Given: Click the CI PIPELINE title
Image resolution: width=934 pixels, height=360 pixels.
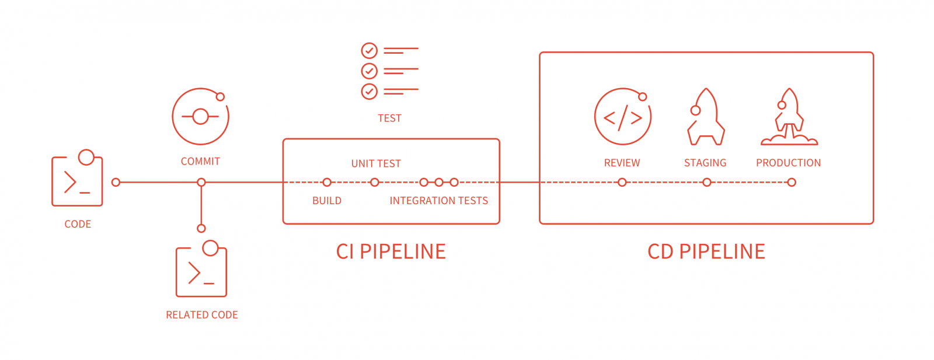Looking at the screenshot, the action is (x=391, y=251).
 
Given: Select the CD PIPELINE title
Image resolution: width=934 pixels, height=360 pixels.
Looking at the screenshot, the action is (x=706, y=251).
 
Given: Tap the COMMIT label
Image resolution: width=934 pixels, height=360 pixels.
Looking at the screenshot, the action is (x=200, y=161).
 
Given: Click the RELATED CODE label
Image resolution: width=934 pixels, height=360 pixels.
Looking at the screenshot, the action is (x=202, y=315).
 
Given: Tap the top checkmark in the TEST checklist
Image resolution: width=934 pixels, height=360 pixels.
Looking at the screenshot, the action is (x=369, y=50).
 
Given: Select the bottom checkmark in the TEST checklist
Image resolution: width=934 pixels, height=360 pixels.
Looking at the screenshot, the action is (x=369, y=91).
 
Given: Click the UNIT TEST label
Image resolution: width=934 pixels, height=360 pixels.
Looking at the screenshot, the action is (x=376, y=163).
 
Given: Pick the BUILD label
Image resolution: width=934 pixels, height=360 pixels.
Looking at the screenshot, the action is (x=327, y=201).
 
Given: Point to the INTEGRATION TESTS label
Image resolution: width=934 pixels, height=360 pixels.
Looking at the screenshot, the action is (x=438, y=201).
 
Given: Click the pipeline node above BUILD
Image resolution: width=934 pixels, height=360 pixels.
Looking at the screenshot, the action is (x=327, y=182).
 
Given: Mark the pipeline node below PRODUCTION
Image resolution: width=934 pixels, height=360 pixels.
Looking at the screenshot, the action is (x=792, y=182).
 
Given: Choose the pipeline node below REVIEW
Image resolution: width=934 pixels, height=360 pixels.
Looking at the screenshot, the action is (x=622, y=182).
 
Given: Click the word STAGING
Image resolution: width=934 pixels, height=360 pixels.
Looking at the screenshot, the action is (x=705, y=163).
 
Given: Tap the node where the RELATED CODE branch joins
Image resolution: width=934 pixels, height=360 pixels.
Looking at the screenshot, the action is (x=201, y=182).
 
